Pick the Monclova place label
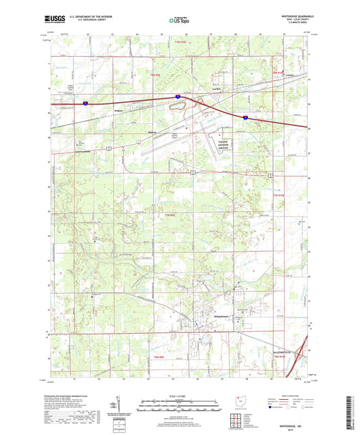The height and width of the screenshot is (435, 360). tap(153, 132)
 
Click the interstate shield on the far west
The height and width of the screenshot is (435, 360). tap(86, 103)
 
